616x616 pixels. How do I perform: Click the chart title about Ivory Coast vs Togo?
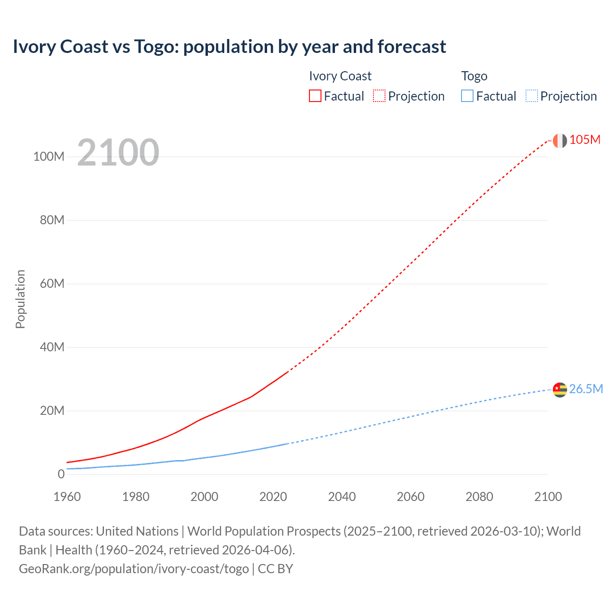pos(230,47)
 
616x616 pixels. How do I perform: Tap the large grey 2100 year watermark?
pos(118,153)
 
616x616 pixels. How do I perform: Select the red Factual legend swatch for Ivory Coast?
pos(315,96)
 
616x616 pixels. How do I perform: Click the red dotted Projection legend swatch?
pos(379,96)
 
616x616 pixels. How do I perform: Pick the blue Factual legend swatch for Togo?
pos(467,96)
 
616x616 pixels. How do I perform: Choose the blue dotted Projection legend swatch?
pos(531,96)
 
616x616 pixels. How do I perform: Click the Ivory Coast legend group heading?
pos(340,76)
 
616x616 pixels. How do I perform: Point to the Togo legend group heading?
pos(474,76)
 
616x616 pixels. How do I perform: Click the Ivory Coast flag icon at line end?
pos(560,141)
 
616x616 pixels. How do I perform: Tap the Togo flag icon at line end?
pos(560,389)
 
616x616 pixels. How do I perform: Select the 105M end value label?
pos(585,140)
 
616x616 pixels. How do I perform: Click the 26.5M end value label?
pos(586,389)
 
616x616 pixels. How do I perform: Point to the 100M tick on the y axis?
pos(49,156)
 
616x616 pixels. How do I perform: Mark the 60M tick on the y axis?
pos(52,283)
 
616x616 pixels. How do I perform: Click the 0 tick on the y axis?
pos(61,474)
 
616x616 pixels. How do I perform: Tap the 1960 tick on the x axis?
pos(67,497)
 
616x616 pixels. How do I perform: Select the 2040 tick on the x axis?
pos(342,497)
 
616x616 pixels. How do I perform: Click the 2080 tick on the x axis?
pos(479,497)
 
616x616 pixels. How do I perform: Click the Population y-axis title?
pos(20,299)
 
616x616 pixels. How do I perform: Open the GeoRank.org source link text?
pos(134,569)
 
